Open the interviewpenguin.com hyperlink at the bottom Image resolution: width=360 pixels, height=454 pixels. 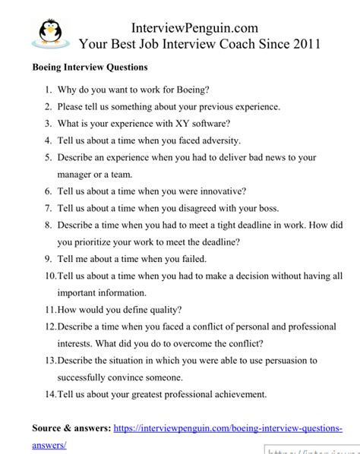[228, 428]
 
